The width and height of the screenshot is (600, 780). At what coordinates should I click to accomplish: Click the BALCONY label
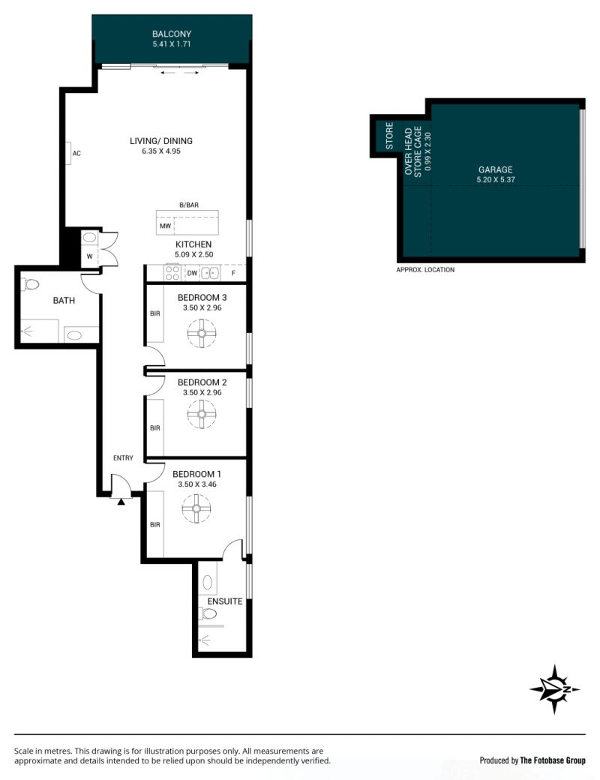click(x=172, y=34)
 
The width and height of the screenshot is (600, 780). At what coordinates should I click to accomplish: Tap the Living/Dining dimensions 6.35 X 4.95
click(x=161, y=151)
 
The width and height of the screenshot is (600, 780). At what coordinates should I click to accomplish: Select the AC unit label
click(x=76, y=153)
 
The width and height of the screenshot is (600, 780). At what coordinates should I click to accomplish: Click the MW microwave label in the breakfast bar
click(x=165, y=226)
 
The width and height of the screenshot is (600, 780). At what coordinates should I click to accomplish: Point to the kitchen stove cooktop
click(x=172, y=272)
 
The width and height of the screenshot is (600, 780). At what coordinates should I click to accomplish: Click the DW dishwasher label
click(x=192, y=273)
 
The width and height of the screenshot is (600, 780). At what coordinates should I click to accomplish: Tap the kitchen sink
click(x=210, y=272)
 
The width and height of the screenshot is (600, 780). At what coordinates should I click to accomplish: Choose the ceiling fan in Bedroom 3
click(x=202, y=333)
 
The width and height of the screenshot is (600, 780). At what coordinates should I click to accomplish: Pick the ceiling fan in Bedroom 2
click(x=202, y=414)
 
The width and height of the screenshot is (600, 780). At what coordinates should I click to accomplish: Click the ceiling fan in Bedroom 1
click(x=196, y=508)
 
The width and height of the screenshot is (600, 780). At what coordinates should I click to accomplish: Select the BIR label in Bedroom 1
click(x=155, y=524)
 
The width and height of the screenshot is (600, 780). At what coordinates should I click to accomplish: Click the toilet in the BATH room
click(x=30, y=284)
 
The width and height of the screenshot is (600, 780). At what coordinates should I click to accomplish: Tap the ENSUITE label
click(x=225, y=601)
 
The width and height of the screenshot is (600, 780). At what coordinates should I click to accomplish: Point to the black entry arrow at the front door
click(x=121, y=502)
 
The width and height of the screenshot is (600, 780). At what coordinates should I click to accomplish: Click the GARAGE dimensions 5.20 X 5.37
click(x=496, y=179)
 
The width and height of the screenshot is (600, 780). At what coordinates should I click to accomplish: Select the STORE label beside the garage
click(x=389, y=136)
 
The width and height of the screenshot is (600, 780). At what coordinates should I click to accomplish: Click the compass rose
click(x=554, y=689)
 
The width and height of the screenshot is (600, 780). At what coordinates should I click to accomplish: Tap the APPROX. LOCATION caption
click(x=425, y=269)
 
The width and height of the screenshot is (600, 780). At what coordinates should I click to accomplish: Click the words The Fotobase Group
click(x=553, y=760)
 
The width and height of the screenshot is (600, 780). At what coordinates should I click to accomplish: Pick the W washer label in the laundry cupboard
click(x=89, y=256)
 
